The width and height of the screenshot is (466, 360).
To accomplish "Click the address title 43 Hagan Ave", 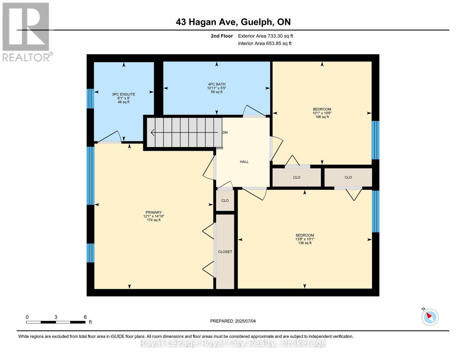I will tap(233, 22).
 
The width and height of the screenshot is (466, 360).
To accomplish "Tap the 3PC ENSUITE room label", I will tap(124, 94).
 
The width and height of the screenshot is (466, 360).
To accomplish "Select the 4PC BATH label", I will tap(217, 84).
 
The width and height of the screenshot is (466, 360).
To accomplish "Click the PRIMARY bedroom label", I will tap(154, 212).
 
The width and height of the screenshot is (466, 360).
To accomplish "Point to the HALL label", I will tap(244, 162).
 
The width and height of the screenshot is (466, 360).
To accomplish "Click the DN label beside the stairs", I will tap(225, 132).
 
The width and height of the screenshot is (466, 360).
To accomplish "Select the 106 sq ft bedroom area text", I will tap(322, 117).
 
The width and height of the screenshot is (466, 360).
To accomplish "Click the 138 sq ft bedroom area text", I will tap(305, 243).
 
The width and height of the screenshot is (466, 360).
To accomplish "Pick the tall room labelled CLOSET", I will tap(225, 252).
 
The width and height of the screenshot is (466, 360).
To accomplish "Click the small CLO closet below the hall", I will tap(225, 200).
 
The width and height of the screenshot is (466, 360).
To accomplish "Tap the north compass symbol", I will tap(430, 317).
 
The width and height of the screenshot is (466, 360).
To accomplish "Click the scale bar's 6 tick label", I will tap(85, 317).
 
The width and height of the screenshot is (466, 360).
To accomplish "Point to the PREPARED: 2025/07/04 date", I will tap(233, 321).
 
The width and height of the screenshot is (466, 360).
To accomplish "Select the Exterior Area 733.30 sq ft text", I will tap(265, 36).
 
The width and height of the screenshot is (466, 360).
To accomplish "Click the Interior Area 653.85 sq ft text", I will tap(265, 43).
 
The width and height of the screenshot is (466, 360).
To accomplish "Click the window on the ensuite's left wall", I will tap(90, 98).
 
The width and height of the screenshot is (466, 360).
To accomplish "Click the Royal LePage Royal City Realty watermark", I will tap(233, 343).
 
